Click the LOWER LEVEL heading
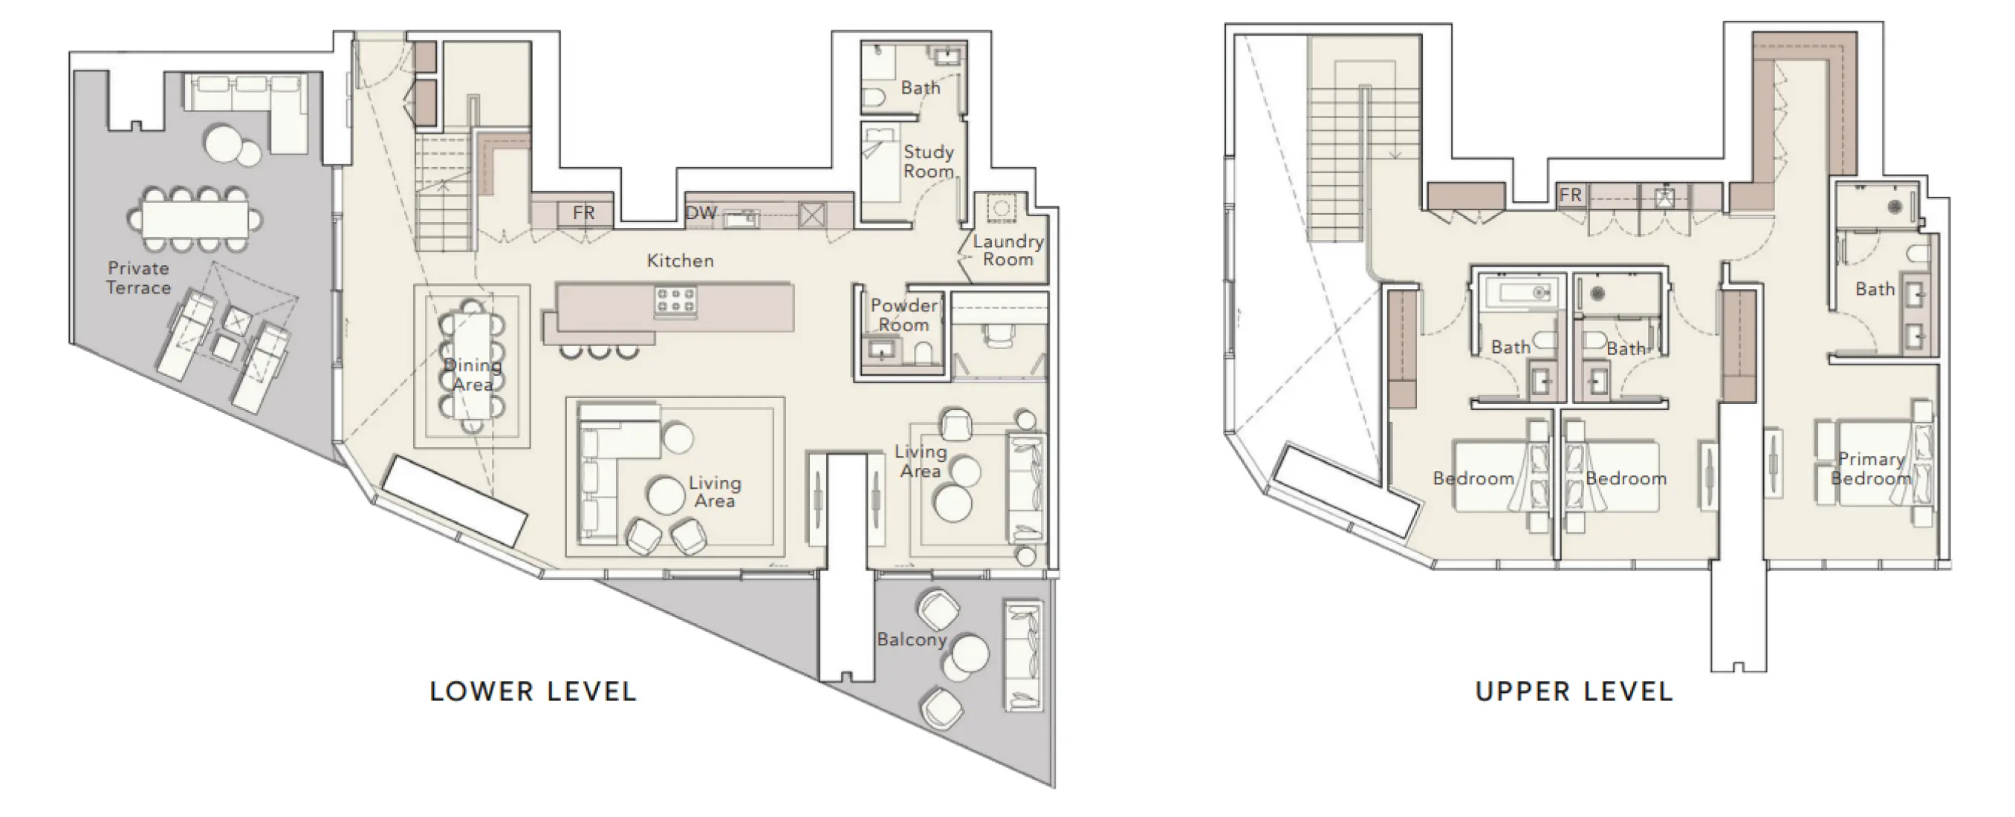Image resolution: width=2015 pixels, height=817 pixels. (533, 691)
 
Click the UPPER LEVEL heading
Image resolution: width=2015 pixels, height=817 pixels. (1574, 691)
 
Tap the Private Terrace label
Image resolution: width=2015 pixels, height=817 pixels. (138, 278)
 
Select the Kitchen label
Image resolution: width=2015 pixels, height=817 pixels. (680, 261)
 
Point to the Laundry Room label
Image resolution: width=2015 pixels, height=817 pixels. (1007, 250)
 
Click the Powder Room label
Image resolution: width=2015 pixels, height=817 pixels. (903, 314)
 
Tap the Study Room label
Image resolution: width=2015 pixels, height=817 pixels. (929, 161)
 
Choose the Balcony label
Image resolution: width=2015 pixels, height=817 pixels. (912, 639)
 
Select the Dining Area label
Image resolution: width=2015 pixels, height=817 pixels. (473, 374)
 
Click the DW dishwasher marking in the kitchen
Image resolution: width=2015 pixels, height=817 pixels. (701, 212)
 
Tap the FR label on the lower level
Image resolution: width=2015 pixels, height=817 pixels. (583, 212)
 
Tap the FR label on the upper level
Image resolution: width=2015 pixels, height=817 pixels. (1571, 195)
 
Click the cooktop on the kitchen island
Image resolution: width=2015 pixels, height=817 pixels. (676, 301)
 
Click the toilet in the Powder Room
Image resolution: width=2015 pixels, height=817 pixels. (922, 353)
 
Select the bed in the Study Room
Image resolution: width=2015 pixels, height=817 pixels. (880, 164)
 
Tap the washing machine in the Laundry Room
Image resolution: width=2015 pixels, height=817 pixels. (999, 208)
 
